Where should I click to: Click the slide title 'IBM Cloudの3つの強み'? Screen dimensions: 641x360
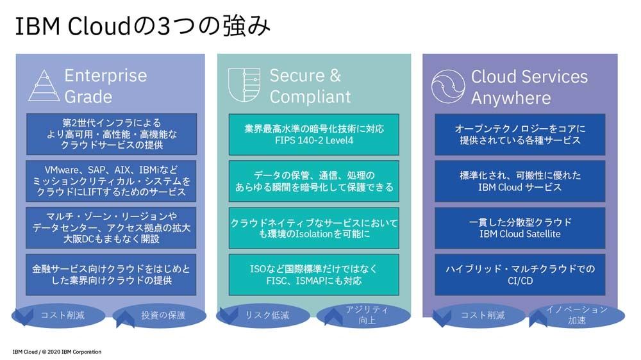[143, 26]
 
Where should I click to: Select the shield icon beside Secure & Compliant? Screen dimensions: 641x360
[244, 85]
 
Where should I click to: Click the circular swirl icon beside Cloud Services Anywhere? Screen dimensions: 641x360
[448, 86]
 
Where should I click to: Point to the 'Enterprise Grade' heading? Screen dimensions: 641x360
[106, 86]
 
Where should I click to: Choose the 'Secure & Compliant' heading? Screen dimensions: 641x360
[310, 86]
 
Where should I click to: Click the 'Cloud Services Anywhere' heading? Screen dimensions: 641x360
[529, 87]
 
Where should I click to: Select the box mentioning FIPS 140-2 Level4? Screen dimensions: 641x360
[314, 135]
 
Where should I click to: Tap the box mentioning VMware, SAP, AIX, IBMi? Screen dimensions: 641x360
[111, 181]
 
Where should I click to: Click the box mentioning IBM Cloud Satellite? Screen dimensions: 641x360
[520, 228]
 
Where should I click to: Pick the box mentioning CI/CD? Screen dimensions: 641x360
[520, 275]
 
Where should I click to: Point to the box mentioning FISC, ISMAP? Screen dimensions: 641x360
[314, 275]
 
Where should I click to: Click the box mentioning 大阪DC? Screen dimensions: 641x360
[111, 227]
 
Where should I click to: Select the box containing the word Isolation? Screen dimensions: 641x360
[314, 228]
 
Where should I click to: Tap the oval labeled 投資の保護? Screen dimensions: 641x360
[160, 315]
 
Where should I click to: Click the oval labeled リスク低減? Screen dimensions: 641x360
[263, 315]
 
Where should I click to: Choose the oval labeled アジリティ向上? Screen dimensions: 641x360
[363, 315]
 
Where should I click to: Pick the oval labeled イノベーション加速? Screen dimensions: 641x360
[578, 315]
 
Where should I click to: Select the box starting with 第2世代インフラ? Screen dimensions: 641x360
[112, 134]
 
